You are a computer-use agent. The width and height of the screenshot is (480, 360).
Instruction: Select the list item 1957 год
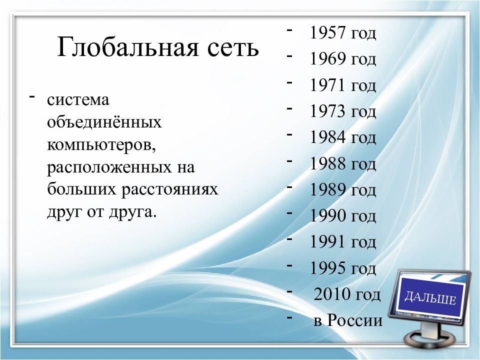(x=342, y=33)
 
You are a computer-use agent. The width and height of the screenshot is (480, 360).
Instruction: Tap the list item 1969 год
(x=342, y=59)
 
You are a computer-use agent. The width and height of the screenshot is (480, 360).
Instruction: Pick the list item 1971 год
(x=342, y=85)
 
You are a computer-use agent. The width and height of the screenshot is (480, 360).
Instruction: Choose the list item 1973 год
(x=342, y=111)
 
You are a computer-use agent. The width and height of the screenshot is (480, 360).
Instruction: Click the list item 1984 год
(x=342, y=137)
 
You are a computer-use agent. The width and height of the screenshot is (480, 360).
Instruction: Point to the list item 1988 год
(x=342, y=163)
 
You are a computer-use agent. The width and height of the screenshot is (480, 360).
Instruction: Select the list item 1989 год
(x=342, y=190)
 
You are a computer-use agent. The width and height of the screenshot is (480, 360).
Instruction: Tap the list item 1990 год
(x=342, y=216)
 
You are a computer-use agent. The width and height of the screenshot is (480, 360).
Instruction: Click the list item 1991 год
(x=342, y=242)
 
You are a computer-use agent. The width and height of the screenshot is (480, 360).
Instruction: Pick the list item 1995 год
(x=342, y=268)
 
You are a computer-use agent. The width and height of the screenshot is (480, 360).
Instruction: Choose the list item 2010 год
(x=347, y=294)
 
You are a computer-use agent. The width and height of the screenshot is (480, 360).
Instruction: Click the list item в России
(x=348, y=320)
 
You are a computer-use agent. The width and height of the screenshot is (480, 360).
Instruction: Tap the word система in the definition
(x=78, y=99)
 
